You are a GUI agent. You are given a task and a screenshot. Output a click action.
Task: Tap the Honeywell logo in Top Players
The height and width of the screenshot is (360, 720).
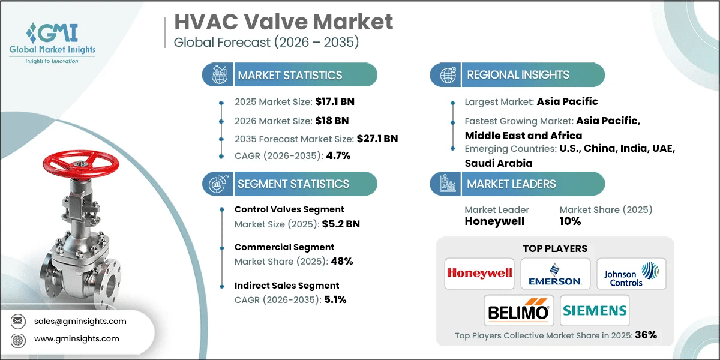point(479,274)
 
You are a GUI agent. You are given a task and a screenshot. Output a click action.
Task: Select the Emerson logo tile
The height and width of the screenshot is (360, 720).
point(555,274)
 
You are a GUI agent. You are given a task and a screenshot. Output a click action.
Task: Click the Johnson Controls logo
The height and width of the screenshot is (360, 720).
point(631,274)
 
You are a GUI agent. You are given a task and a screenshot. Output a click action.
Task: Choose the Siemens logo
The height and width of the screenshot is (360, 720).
point(594,311)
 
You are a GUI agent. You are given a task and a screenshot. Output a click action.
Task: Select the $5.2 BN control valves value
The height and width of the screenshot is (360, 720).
point(340,224)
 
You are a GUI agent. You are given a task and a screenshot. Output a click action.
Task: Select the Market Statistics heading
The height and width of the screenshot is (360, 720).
point(290,75)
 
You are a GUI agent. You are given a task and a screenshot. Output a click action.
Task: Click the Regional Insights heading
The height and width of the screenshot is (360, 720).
point(518,75)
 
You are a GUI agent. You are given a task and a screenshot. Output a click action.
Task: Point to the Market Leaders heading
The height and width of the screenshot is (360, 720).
point(511,184)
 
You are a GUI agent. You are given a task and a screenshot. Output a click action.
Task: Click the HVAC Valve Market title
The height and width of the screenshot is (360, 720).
point(283,22)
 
